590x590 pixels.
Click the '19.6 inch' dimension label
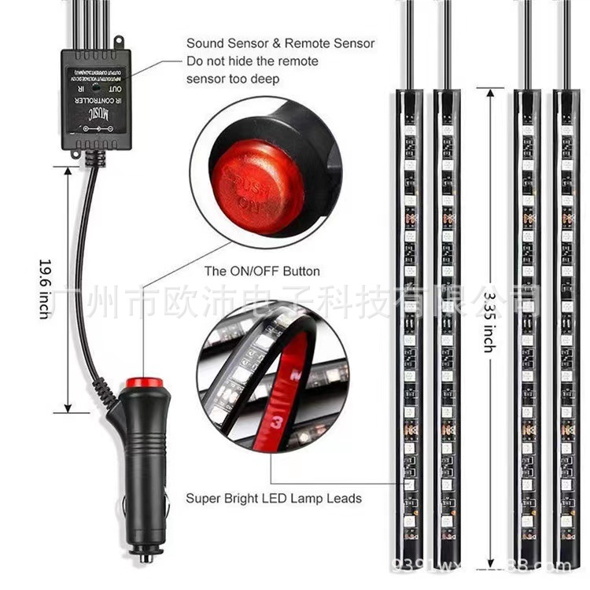[x=44, y=288]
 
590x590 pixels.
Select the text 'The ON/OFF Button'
[x=262, y=271]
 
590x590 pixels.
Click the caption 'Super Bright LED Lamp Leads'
[x=274, y=498]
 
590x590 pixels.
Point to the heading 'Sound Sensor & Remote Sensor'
[x=280, y=43]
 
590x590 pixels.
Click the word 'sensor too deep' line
[x=232, y=79]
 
